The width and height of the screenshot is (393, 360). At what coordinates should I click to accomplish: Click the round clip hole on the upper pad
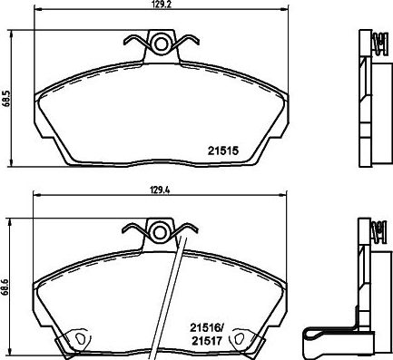162,42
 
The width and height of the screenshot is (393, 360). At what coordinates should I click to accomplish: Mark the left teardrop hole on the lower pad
78,340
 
